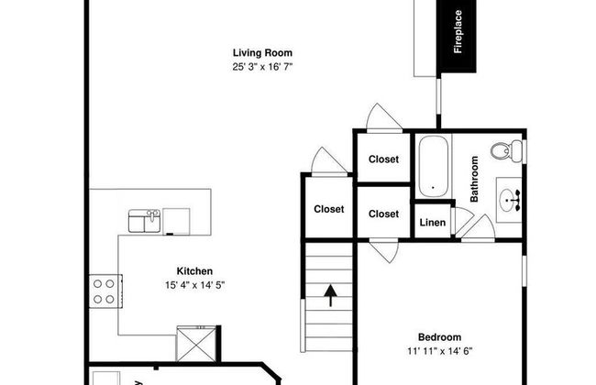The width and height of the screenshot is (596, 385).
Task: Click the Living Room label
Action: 262,52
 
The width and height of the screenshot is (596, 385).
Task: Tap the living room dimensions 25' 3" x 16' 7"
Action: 262,67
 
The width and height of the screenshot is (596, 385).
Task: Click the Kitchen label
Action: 194,271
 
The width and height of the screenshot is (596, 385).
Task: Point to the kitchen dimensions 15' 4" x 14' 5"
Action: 195,285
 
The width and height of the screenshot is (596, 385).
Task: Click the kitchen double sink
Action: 145,221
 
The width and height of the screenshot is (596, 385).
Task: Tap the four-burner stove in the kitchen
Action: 105,291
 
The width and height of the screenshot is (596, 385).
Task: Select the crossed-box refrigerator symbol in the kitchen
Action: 196,344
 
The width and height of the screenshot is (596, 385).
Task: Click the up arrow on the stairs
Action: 330,295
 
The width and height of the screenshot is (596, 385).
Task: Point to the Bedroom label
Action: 440,337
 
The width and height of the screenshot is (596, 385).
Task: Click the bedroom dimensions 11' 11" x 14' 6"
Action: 440,351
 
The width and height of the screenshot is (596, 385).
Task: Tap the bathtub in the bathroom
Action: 434,167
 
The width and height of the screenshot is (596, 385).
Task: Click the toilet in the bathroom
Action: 507,150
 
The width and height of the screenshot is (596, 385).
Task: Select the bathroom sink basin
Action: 509,200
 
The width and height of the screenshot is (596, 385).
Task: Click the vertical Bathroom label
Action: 474,179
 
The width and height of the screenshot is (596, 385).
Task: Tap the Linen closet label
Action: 433,223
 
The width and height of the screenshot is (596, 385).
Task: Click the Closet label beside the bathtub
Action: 383,159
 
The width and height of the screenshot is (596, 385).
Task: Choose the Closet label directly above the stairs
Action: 329,209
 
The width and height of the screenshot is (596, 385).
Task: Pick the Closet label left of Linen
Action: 383,214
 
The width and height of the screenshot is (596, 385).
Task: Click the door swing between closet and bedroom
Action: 385,251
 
